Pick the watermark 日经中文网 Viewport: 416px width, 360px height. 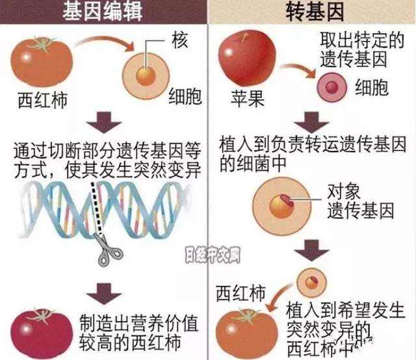coord(213,253)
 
